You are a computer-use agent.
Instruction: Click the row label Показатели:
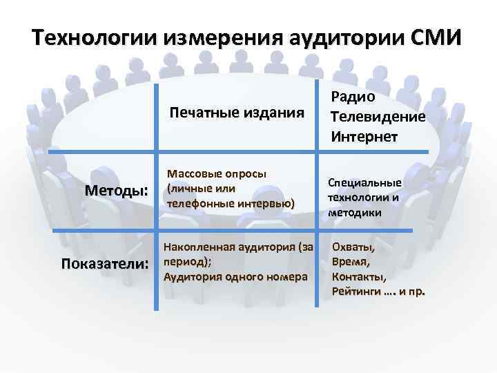(105, 264)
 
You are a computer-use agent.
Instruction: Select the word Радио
(353, 97)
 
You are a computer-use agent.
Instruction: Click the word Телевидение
(378, 117)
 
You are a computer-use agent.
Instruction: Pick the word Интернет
(364, 136)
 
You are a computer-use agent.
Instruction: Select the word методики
(355, 212)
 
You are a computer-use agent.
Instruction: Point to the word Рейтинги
(358, 291)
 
